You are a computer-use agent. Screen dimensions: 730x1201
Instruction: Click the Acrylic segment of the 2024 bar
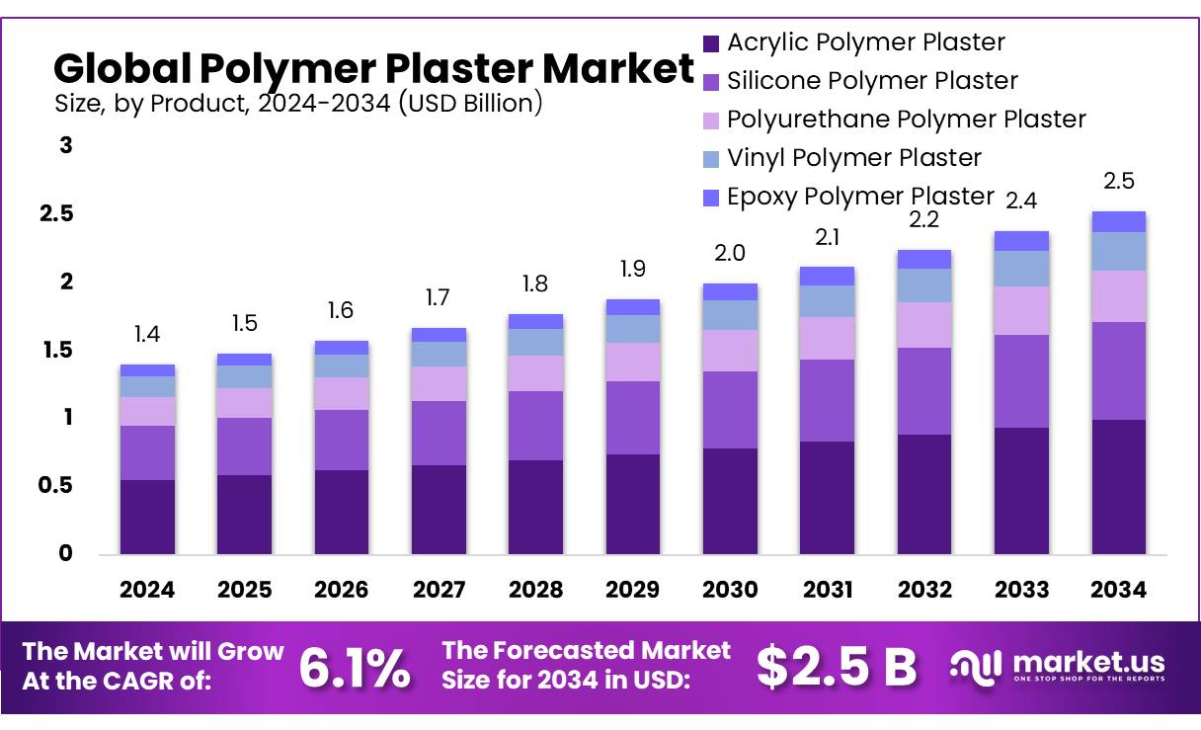(147, 517)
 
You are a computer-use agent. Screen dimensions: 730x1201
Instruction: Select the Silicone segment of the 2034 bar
(1118, 370)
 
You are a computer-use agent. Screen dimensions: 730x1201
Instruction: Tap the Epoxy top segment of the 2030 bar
(730, 291)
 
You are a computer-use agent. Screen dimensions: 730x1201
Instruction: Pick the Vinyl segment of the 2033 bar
(1021, 269)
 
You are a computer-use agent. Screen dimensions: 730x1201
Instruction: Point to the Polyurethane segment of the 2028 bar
(535, 373)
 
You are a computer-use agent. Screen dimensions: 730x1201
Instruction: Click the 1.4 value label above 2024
(147, 335)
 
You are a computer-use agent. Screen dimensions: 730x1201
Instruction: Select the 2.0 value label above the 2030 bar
(730, 253)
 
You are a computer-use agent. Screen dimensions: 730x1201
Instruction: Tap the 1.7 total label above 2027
(439, 296)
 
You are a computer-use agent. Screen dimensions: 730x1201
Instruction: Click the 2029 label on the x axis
(632, 590)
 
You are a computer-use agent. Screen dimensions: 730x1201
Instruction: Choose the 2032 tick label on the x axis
(924, 590)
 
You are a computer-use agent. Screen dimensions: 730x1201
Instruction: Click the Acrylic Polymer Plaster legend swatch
(711, 43)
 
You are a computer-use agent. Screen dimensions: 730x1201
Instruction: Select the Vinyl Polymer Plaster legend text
(854, 157)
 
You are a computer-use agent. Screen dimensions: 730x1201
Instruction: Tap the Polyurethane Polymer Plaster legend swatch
(711, 121)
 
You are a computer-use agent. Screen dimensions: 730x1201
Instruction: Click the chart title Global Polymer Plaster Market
(373, 69)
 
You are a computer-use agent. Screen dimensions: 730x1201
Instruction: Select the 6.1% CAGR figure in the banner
(355, 669)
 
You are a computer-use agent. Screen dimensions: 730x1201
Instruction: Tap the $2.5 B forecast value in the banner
(838, 667)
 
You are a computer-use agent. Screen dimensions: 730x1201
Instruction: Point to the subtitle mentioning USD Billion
(297, 103)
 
